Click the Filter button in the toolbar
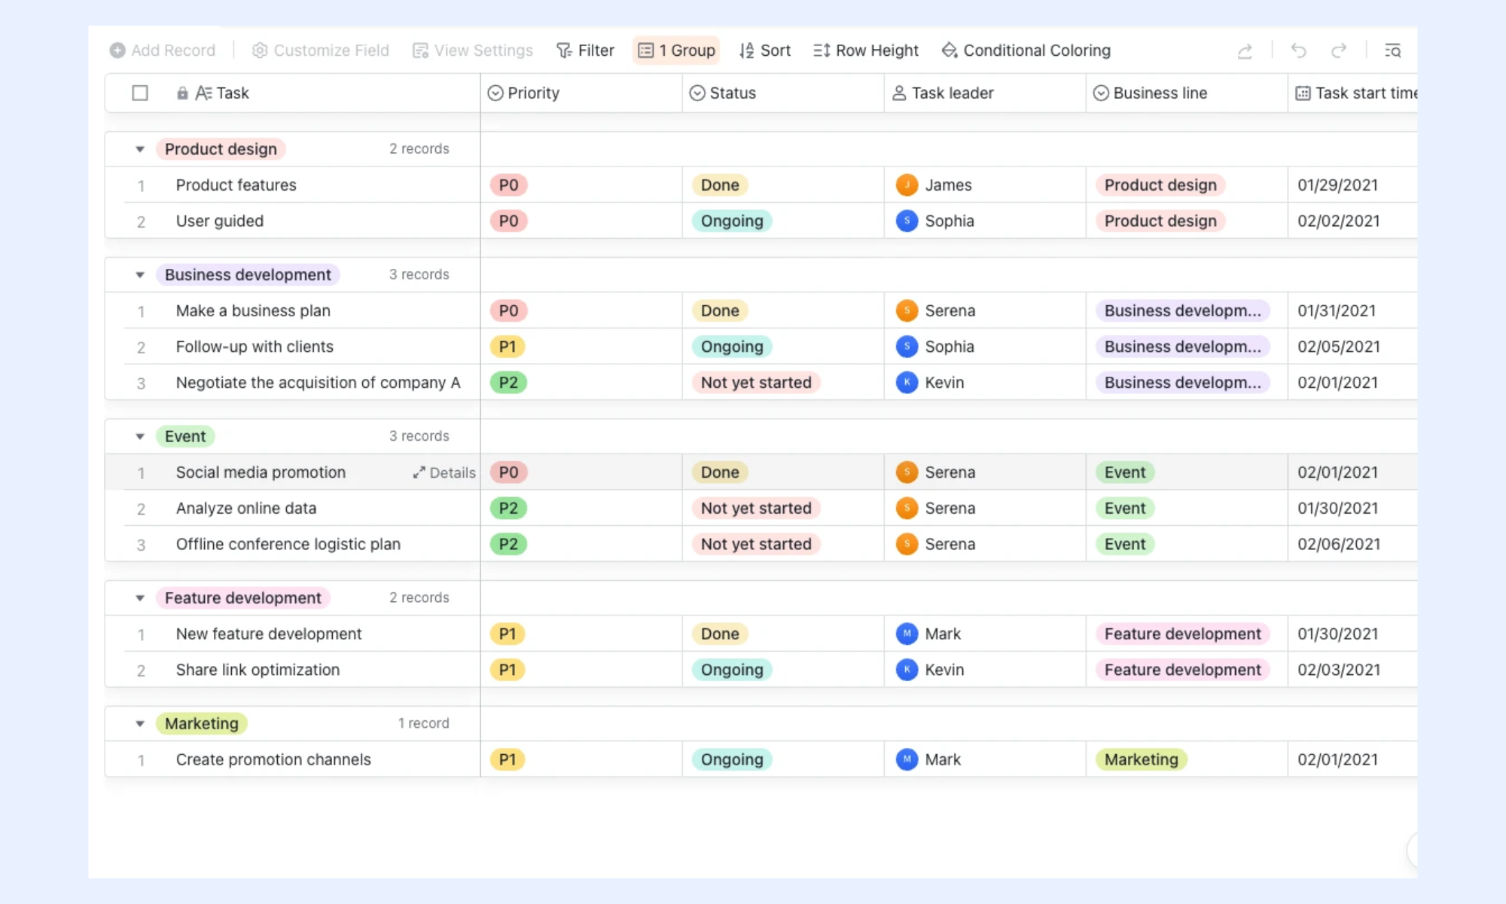coord(585,50)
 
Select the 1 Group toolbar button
coord(676,50)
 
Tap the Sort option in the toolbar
coord(764,50)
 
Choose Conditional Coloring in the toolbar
coord(1026,50)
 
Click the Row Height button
coord(866,50)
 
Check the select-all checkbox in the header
coord(140,93)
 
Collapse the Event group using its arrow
coord(140,436)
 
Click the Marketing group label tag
coord(201,723)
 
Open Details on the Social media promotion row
coord(444,472)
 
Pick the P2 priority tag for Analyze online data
coord(508,508)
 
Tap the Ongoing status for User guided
coord(732,221)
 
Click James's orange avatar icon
coord(907,185)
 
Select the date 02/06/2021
coord(1339,544)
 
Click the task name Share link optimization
coord(258,670)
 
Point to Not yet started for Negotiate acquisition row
coord(756,383)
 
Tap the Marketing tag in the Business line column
coord(1142,759)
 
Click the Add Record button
coord(163,50)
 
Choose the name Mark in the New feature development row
coord(943,634)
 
